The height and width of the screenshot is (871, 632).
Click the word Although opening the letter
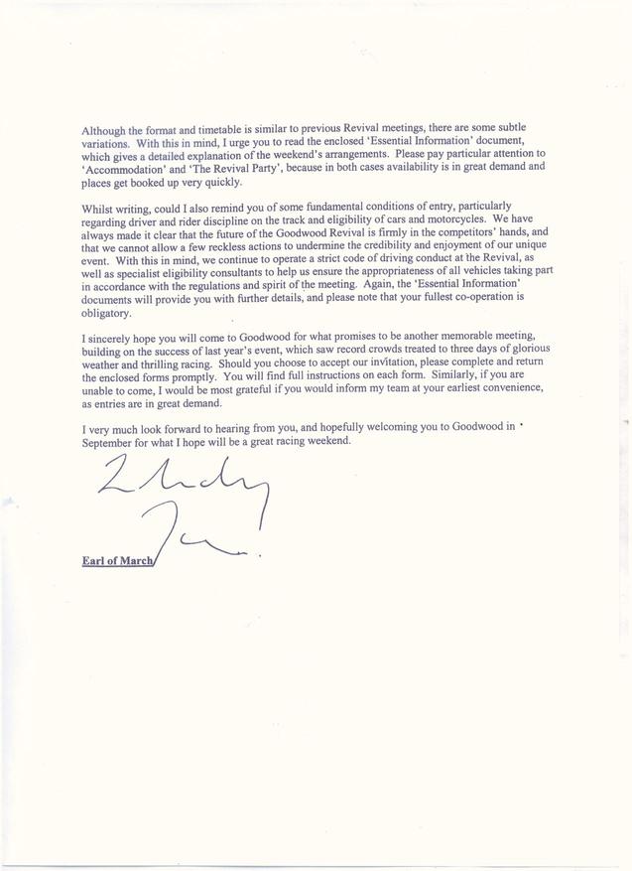click(104, 130)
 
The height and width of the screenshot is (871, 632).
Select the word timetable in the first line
click(235, 130)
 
